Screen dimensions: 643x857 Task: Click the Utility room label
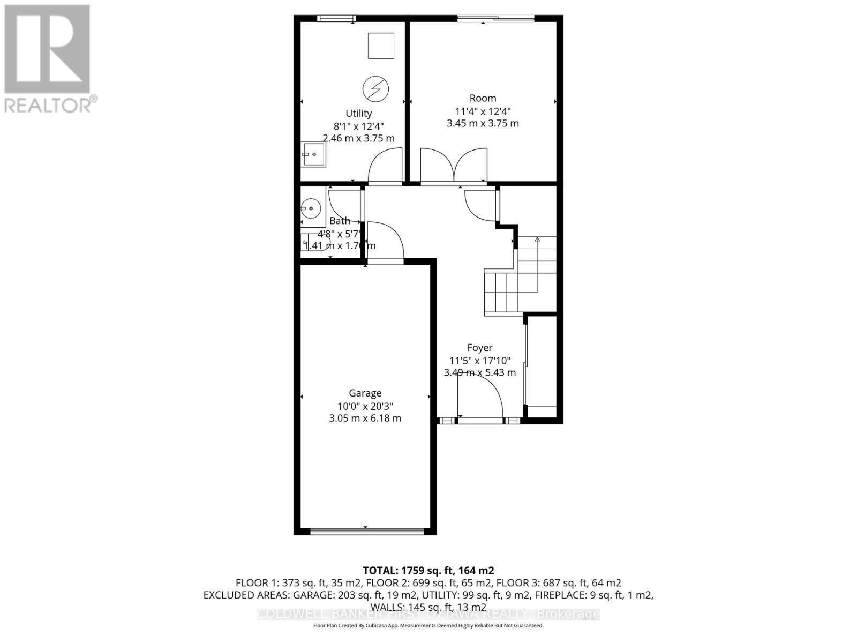(358, 114)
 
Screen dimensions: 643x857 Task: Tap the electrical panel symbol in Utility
(375, 88)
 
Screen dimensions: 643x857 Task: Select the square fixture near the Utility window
(381, 46)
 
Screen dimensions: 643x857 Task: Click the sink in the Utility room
(312, 155)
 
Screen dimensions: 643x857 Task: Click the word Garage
(365, 393)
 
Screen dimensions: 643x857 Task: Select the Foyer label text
(479, 348)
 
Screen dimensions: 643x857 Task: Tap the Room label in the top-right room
(483, 98)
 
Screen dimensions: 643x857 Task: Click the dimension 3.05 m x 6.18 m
(365, 418)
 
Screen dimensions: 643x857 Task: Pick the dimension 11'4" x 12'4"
(483, 111)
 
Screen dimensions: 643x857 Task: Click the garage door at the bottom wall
(367, 531)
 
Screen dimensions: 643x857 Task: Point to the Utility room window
(336, 19)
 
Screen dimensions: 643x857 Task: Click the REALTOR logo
(48, 59)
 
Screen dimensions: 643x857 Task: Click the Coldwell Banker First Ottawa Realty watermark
(428, 614)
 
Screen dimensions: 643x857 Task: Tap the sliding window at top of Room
(495, 19)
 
